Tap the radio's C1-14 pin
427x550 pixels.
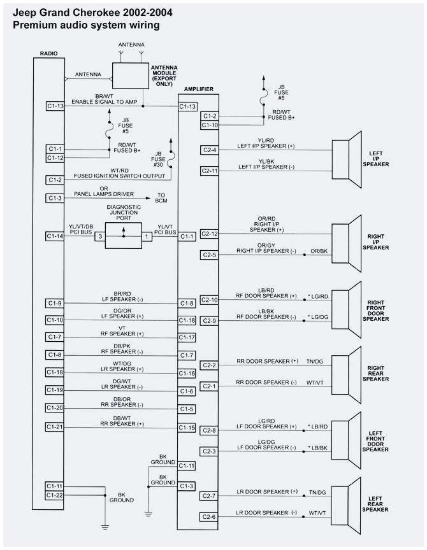pyautogui.click(x=55, y=236)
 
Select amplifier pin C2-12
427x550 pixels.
pyautogui.click(x=210, y=234)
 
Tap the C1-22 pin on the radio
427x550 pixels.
pyautogui.click(x=55, y=495)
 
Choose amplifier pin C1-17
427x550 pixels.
pyautogui.click(x=187, y=337)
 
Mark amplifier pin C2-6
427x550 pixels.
pyautogui.click(x=210, y=516)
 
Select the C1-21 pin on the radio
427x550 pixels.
pyautogui.click(x=55, y=426)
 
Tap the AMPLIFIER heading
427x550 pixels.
pyautogui.click(x=198, y=90)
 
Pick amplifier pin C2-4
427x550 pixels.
pyautogui.click(x=210, y=150)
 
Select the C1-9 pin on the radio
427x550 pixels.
pyautogui.click(x=55, y=302)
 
